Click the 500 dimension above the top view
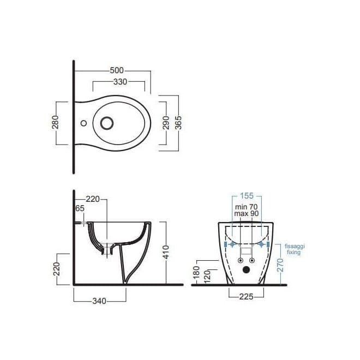tap(117, 70)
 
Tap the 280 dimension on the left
tap(55, 122)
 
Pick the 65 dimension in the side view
tap(80, 208)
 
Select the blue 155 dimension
tap(247, 195)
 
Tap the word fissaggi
tap(295, 246)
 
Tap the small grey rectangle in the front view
tap(247, 251)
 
